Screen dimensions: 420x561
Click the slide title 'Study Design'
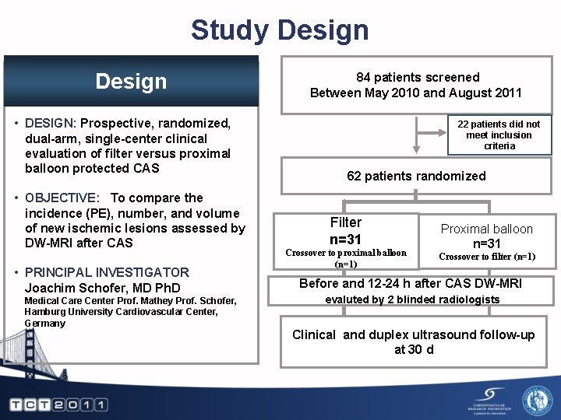point(280,30)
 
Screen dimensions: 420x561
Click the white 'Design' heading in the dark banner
point(131,81)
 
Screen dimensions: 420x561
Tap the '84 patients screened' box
point(417,85)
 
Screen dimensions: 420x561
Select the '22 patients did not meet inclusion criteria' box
point(499,135)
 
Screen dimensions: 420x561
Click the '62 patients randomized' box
point(416,176)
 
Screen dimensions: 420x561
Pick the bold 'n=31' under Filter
point(345,239)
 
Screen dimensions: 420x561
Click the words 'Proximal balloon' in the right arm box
point(487,229)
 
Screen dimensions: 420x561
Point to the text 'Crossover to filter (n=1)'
point(487,257)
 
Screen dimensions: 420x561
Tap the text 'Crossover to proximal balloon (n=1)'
point(346,258)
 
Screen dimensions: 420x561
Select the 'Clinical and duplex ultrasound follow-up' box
point(414,341)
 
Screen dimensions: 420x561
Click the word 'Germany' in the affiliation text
point(45,324)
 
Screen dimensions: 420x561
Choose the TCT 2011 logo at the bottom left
point(58,404)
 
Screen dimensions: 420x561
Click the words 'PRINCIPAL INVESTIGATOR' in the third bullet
point(107,272)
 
